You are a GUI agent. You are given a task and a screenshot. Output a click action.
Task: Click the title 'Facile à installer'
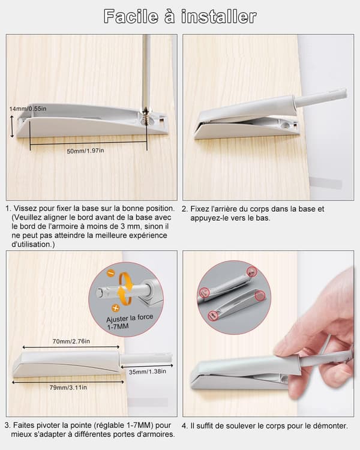tap(180, 16)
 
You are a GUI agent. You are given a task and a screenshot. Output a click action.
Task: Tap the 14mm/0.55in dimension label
tap(28, 109)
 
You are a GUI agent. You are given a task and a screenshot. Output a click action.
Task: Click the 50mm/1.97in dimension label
tap(85, 151)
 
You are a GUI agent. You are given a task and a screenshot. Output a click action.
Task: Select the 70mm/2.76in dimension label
tap(71, 341)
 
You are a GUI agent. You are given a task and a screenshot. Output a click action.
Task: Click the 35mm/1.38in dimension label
tap(147, 371)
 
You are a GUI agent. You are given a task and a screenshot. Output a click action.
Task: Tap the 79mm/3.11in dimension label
tap(68, 388)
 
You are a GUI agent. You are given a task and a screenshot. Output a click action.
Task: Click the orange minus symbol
tap(111, 272)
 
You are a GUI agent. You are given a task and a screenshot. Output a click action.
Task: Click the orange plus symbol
tap(115, 308)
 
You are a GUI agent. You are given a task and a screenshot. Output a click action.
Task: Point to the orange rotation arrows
tap(126, 289)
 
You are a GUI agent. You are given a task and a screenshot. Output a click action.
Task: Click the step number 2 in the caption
tap(184, 209)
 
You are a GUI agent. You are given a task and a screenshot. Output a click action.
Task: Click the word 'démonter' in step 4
tap(330, 425)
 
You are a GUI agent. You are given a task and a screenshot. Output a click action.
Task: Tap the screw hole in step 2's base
tap(285, 125)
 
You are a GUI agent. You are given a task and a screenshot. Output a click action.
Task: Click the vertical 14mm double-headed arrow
tap(12, 126)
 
